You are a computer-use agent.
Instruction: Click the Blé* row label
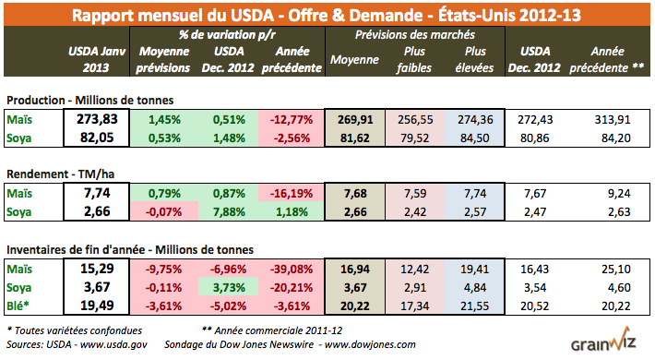pyautogui.click(x=18, y=303)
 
